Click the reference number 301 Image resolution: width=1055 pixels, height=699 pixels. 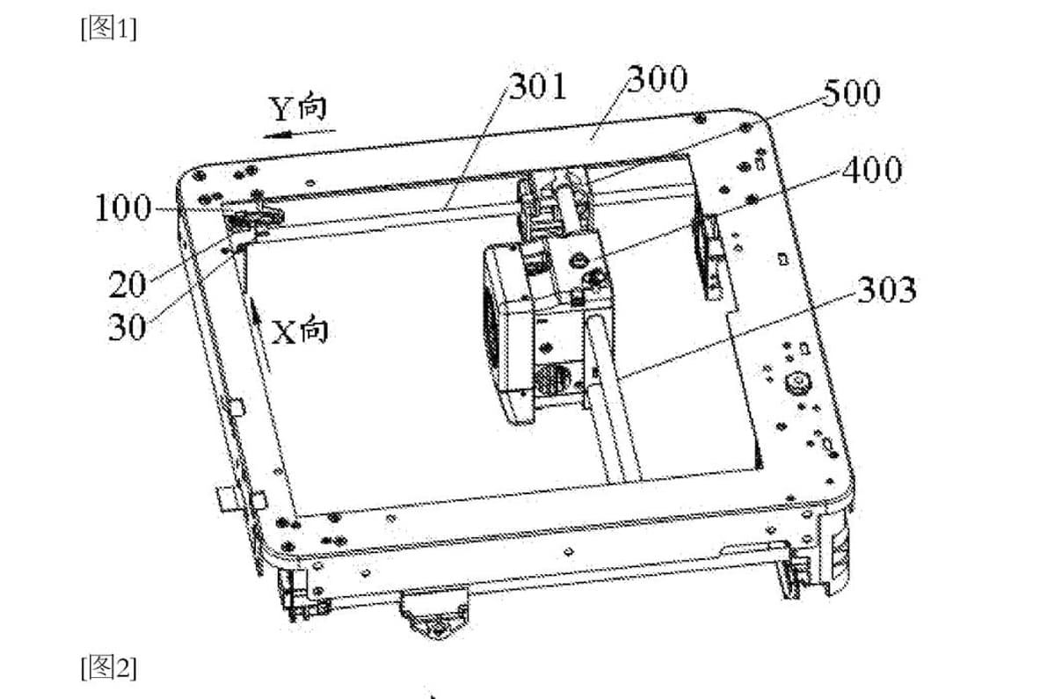pos(537,87)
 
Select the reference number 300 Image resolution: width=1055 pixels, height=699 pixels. pos(657,79)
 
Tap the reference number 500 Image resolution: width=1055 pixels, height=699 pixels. pos(851,93)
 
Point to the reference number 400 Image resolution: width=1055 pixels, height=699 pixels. pos(871,170)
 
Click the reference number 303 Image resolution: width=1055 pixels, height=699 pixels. pos(886,289)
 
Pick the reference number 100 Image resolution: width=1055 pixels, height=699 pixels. pos(122,210)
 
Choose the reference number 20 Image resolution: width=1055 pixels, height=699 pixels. pos(127,284)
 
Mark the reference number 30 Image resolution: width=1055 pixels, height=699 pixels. pos(127,328)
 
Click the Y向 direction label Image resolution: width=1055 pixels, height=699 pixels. pos(297,108)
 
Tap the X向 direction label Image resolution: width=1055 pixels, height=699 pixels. pos(299,331)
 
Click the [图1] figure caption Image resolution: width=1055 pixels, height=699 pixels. pos(108,29)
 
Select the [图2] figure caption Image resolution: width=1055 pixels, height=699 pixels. pos(108,668)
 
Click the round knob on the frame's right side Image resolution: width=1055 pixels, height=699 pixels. pos(798,383)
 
